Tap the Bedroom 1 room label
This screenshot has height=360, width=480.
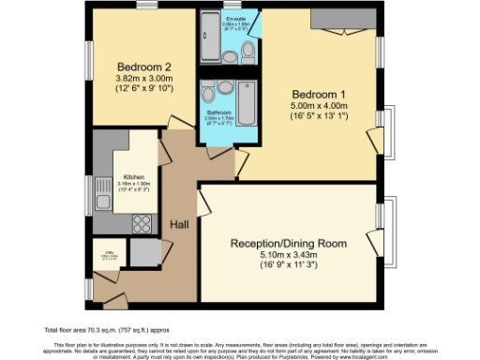(320, 94)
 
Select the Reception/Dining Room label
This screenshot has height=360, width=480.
(289, 243)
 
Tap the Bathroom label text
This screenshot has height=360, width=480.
(221, 112)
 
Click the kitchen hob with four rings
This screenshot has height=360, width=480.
(143, 223)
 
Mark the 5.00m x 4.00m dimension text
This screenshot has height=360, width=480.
(320, 106)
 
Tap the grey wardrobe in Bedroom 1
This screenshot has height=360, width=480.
(332, 21)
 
